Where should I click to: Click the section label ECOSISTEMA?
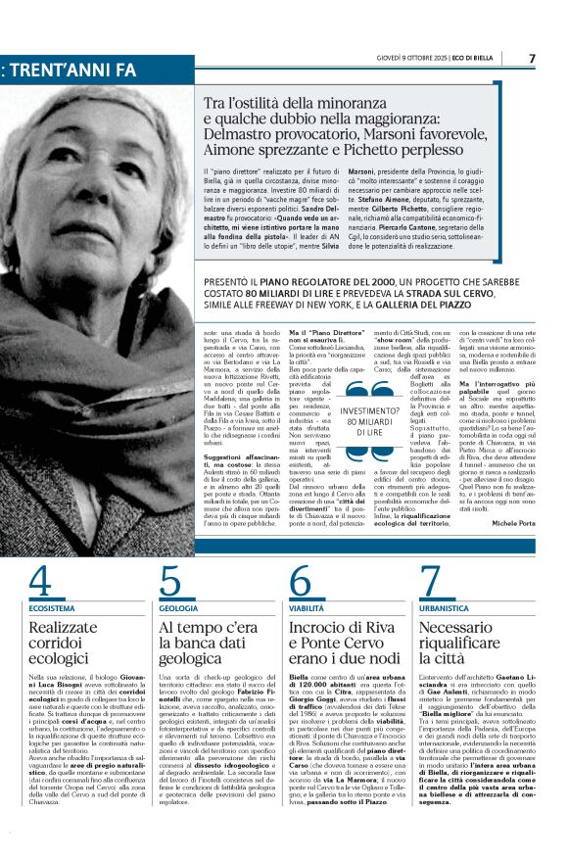pyautogui.click(x=52, y=608)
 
